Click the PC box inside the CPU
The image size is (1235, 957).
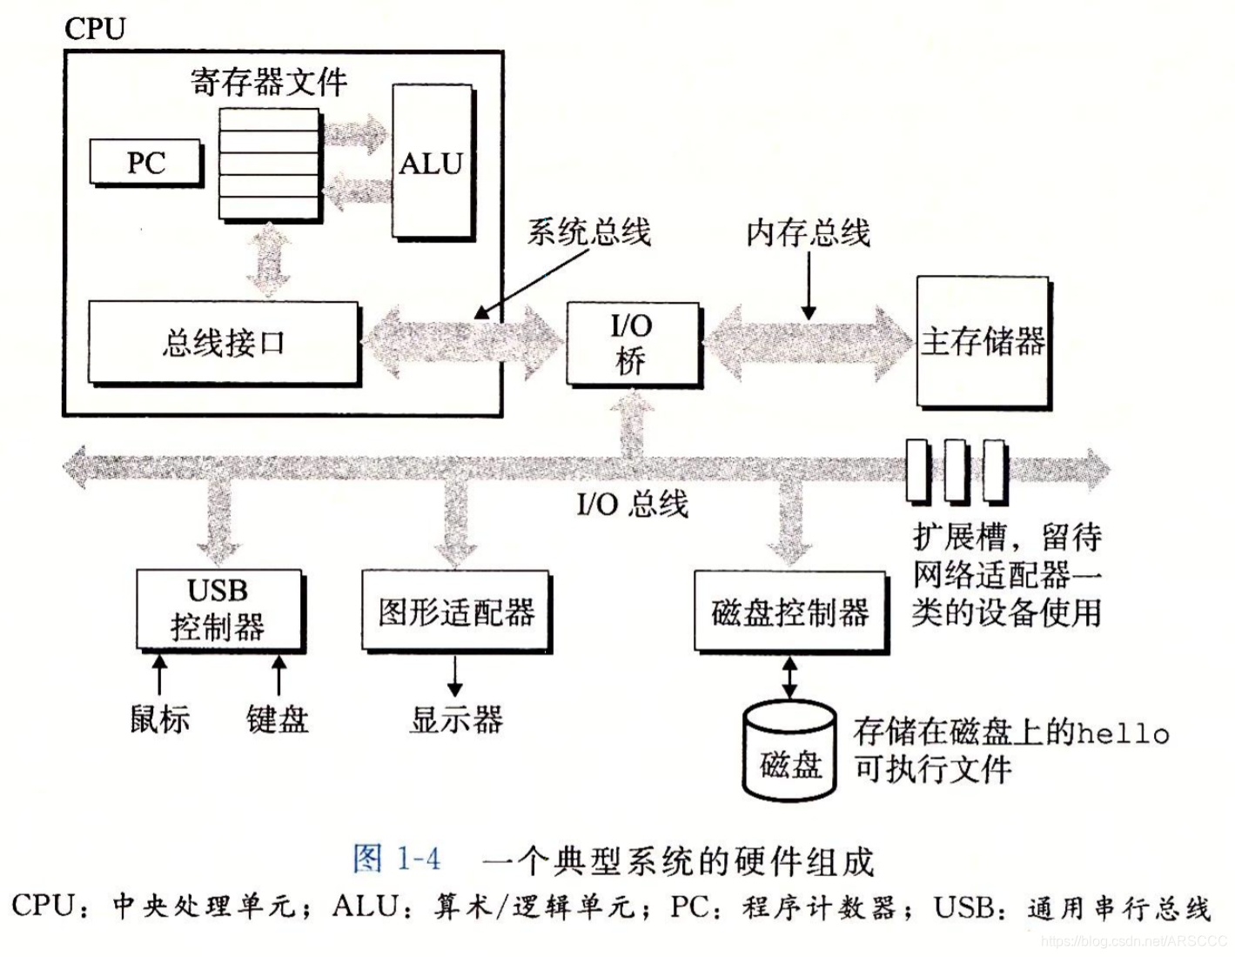tap(145, 163)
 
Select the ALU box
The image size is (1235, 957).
tap(432, 163)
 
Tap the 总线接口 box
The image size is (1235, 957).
tap(223, 343)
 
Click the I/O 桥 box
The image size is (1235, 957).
tap(632, 344)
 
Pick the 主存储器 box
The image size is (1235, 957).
tap(983, 342)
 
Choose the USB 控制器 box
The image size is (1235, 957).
tap(218, 609)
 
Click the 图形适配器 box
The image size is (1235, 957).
tap(456, 612)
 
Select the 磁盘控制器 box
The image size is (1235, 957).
tap(789, 612)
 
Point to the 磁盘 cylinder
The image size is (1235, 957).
tap(789, 750)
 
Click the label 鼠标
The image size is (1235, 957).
tap(159, 719)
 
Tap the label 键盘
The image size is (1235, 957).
tap(278, 719)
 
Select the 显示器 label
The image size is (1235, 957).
tap(456, 719)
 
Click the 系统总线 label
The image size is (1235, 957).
tap(589, 232)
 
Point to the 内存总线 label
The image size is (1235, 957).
tap(809, 232)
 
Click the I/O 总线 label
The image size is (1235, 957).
tap(633, 504)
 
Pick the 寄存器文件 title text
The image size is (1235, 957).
tap(269, 83)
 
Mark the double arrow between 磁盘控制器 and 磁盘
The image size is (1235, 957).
tap(789, 677)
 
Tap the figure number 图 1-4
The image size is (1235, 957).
tap(397, 860)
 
